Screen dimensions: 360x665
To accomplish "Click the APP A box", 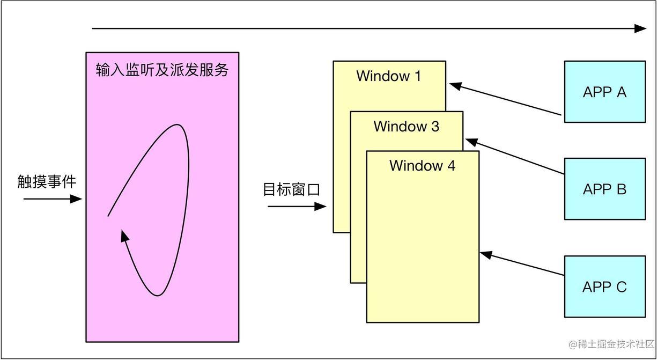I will pyautogui.click(x=604, y=92).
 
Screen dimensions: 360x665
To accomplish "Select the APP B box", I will pyautogui.click(x=604, y=189).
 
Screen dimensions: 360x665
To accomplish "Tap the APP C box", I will pyautogui.click(x=604, y=286).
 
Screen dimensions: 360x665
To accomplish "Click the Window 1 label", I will pyautogui.click(x=389, y=76).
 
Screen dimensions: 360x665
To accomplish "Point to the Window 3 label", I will pyautogui.click(x=406, y=127).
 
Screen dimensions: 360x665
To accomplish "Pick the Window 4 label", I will pyautogui.click(x=422, y=166).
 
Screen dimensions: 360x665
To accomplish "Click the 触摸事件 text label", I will pyautogui.click(x=47, y=182).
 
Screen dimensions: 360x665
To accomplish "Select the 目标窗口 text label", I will pyautogui.click(x=291, y=189).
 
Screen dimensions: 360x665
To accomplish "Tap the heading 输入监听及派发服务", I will pyautogui.click(x=162, y=70).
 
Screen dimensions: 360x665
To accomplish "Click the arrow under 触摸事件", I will pyautogui.click(x=53, y=199).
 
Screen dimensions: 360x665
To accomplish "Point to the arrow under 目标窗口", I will pyautogui.click(x=297, y=205).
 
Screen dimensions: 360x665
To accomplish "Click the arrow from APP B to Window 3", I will pyautogui.click(x=515, y=157).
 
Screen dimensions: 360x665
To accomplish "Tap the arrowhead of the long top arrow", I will pyautogui.click(x=641, y=28).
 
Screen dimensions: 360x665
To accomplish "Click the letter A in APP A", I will pyautogui.click(x=622, y=92).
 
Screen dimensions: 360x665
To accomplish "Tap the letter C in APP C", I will pyautogui.click(x=621, y=287).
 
